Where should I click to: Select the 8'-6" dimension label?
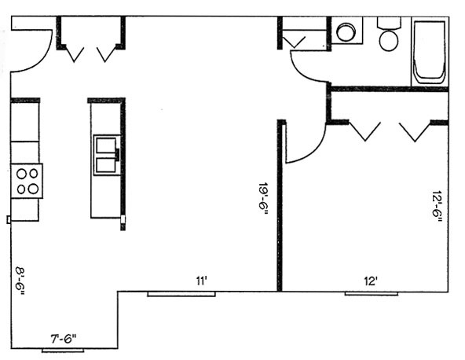20,282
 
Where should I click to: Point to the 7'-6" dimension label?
63,339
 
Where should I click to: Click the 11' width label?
201,281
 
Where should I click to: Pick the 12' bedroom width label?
371,281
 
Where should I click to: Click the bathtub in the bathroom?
430,52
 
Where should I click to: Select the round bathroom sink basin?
346,31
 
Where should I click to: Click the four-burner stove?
27,181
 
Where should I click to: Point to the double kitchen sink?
107,155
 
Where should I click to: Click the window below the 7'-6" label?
63,351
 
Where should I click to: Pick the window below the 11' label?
181,294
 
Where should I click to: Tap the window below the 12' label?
372,294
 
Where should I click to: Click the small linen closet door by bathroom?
294,42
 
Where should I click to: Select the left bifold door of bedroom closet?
364,130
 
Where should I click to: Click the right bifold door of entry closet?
106,54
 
